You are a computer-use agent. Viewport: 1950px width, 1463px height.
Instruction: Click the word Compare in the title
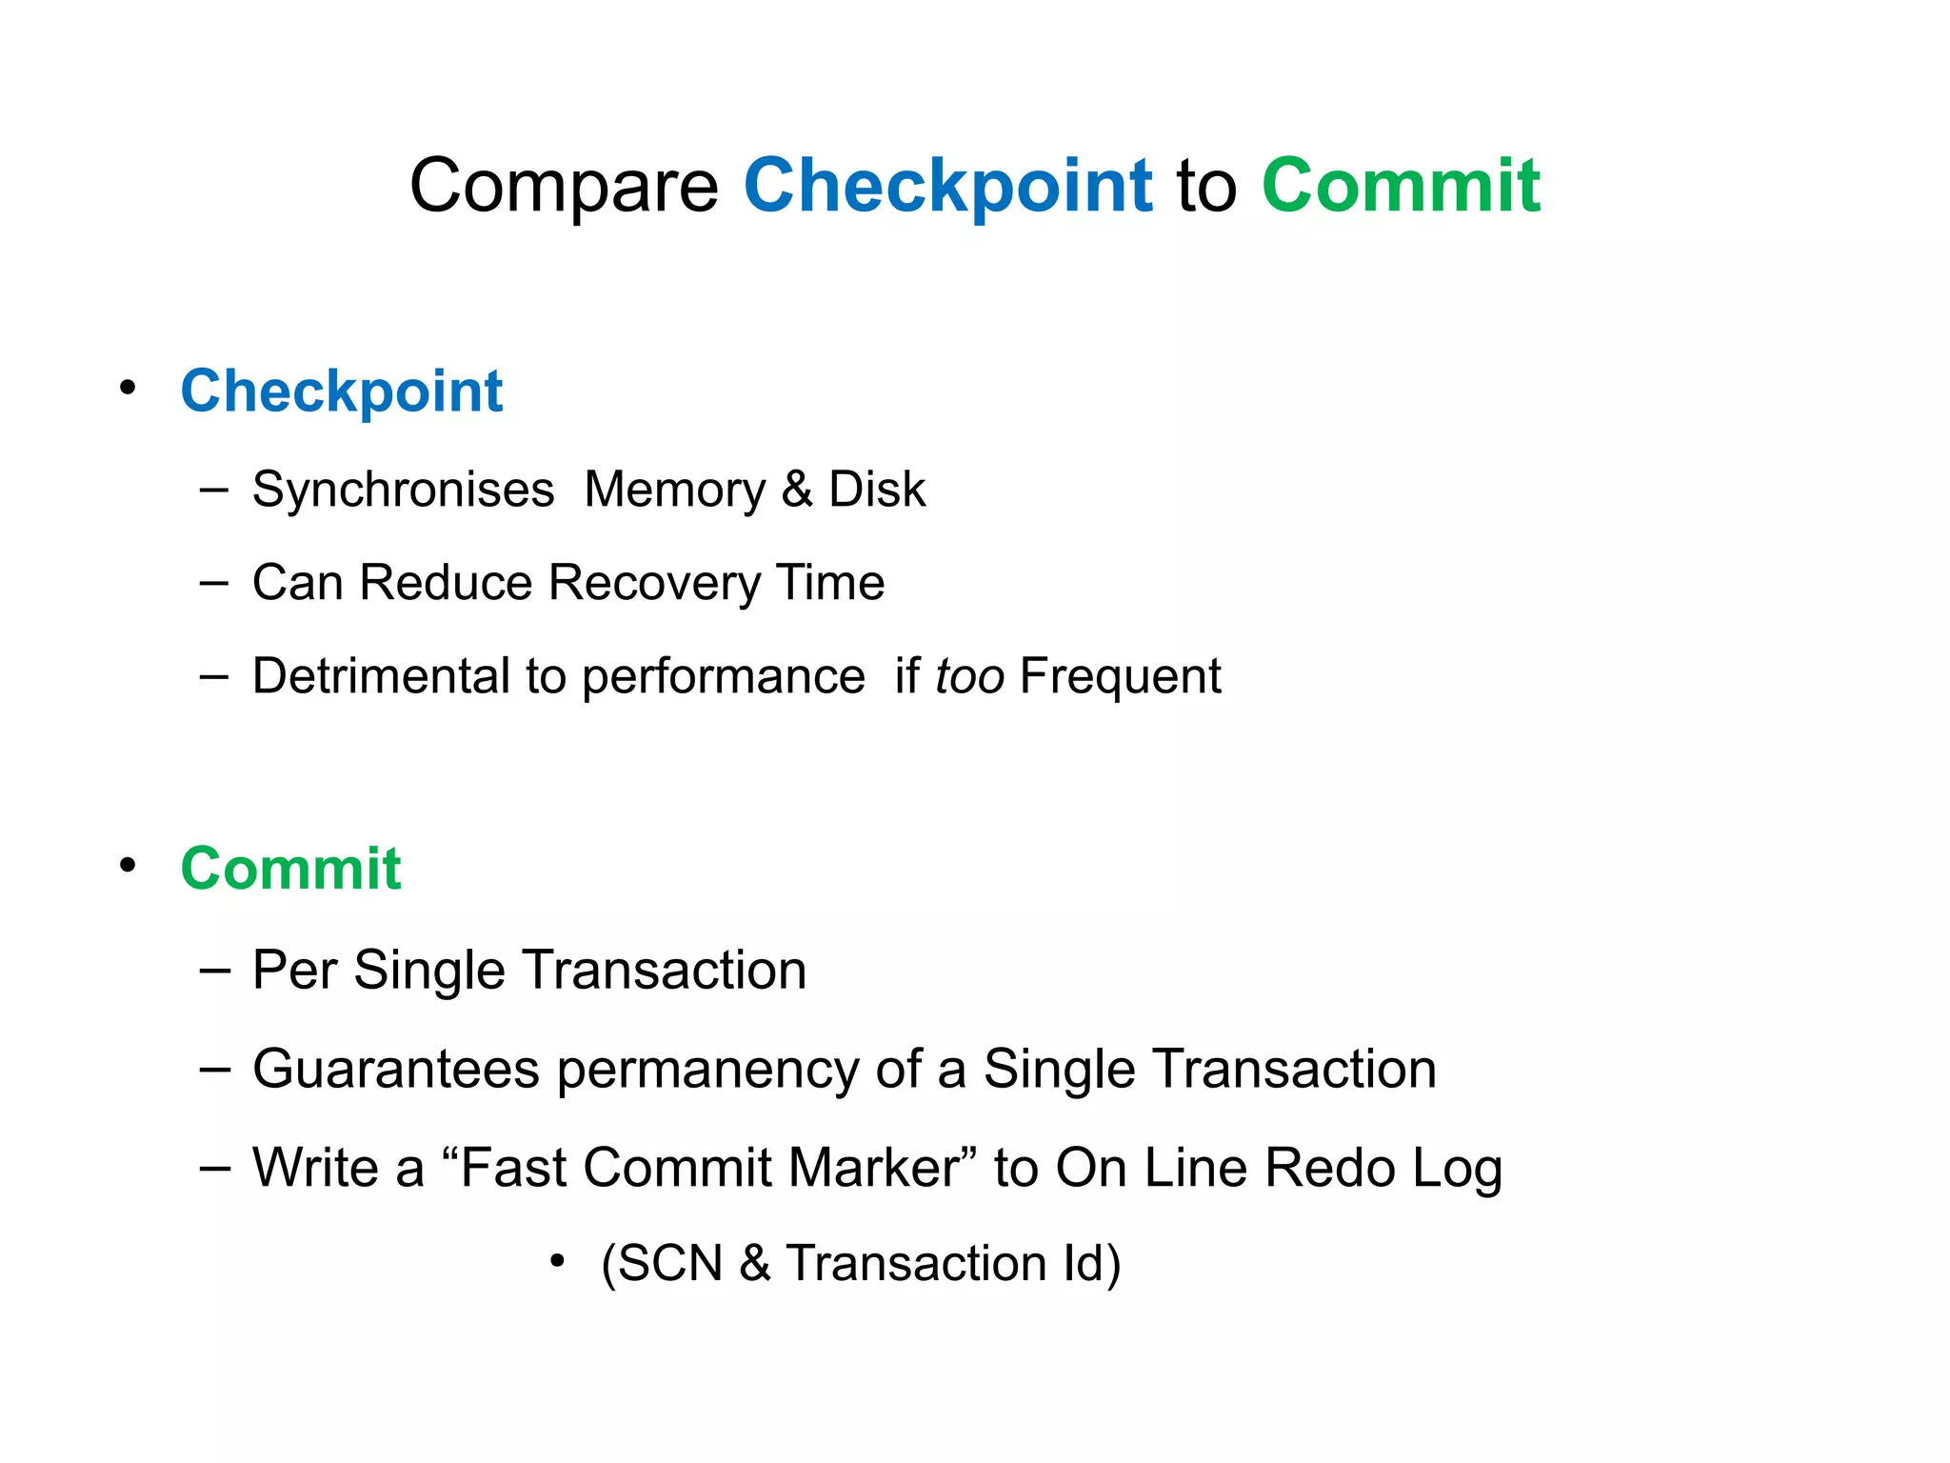[x=564, y=186]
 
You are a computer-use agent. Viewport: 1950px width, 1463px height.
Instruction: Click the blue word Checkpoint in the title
[x=947, y=186]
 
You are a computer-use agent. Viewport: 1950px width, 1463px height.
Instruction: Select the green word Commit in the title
[x=1401, y=186]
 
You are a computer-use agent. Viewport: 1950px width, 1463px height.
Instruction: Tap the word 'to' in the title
[x=1206, y=186]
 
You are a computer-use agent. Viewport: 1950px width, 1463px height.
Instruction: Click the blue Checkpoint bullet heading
[x=341, y=391]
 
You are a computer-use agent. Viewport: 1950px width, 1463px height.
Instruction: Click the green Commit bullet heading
[x=290, y=869]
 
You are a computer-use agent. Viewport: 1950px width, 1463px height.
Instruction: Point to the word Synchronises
[x=403, y=491]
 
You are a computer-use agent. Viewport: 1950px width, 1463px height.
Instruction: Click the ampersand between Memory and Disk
[x=797, y=491]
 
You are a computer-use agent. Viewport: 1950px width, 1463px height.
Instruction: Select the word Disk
[x=877, y=491]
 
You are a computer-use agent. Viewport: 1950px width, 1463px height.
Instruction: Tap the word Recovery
[x=655, y=583]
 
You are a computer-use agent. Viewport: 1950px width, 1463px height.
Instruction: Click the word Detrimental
[x=382, y=676]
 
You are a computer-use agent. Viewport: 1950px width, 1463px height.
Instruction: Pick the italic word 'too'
[x=969, y=676]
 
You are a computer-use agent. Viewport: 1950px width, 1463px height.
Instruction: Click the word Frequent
[x=1120, y=676]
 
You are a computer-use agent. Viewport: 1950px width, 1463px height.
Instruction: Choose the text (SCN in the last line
[x=662, y=1264]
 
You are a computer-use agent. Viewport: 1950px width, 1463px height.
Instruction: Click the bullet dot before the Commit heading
[x=128, y=866]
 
